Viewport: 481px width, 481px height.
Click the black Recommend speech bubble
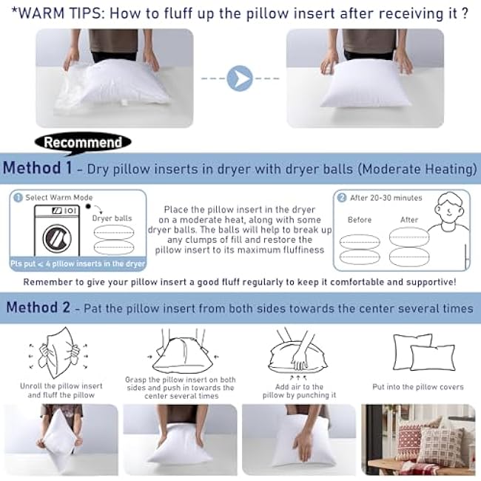coord(82,141)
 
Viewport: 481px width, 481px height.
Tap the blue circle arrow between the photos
coord(241,78)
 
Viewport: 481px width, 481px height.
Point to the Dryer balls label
coord(112,218)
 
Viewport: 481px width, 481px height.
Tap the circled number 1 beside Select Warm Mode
coord(17,198)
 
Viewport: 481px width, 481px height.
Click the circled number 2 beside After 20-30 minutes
coord(342,198)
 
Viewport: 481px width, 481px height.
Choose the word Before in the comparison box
coord(360,220)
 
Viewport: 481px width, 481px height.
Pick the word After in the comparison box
coord(409,220)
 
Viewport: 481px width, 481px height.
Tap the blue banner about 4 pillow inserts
coord(78,263)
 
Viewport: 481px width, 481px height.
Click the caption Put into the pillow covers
coord(418,386)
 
